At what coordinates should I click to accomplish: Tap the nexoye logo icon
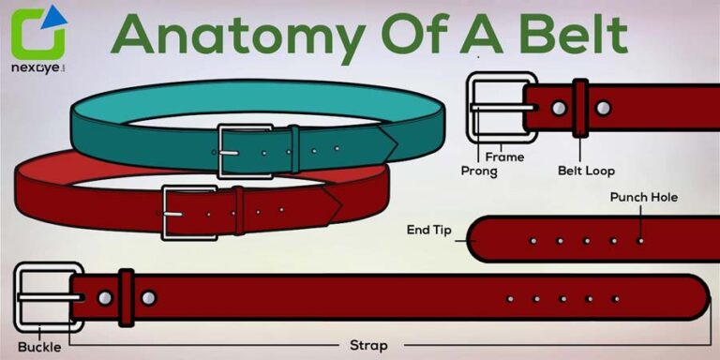point(38,35)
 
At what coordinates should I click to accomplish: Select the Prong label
point(479,172)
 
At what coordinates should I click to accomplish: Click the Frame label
point(504,157)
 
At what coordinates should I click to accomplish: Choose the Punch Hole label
point(643,197)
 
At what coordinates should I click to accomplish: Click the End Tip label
point(428,228)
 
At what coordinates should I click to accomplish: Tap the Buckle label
point(38,347)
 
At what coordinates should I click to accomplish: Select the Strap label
point(368,345)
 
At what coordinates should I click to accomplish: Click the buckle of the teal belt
point(233,151)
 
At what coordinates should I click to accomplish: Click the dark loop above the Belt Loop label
point(580,106)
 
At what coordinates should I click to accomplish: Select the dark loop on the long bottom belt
point(126,298)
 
